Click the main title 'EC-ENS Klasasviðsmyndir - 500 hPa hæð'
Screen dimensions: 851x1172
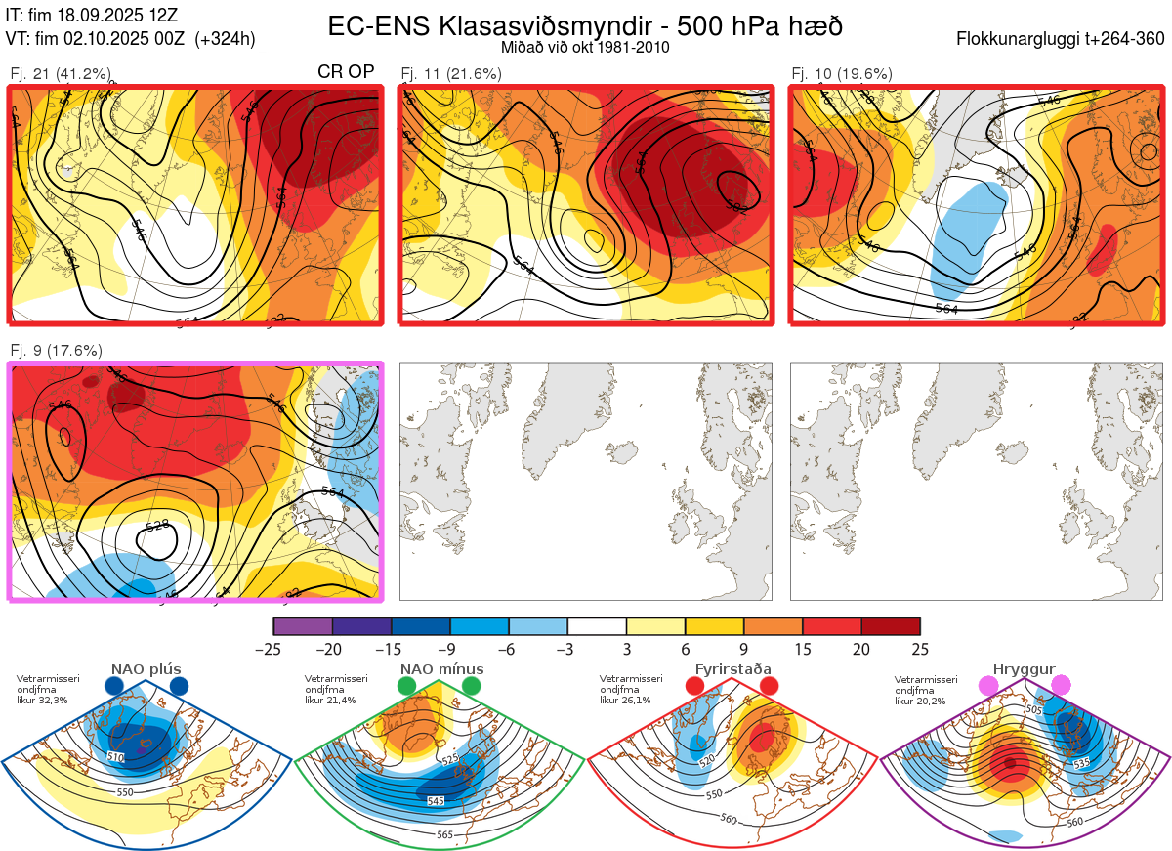585,26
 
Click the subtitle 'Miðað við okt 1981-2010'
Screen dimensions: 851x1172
585,47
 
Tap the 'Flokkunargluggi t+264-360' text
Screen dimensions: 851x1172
1063,39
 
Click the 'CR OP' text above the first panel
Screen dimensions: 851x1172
347,73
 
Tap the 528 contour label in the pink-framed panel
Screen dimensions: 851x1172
158,527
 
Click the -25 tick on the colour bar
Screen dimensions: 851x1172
273,649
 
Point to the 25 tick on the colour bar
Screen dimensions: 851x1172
920,649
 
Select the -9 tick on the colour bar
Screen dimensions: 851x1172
450,649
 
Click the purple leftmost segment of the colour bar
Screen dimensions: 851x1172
303,626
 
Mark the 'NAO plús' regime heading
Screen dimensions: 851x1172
146,669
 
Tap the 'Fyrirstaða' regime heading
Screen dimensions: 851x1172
734,669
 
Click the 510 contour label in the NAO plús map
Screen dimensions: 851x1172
116,758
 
